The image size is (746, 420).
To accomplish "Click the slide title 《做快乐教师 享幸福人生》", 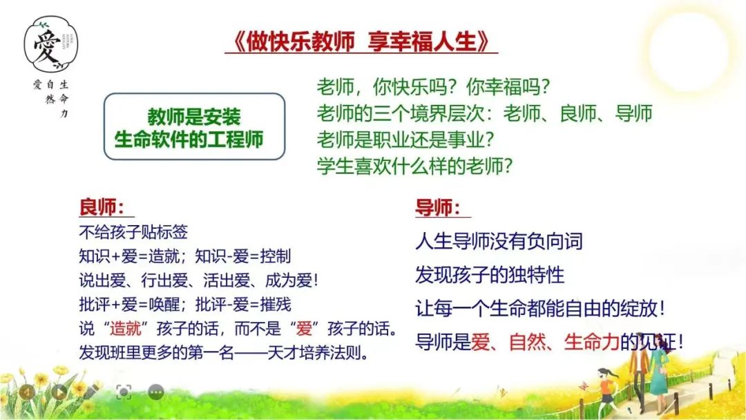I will pos(361,41).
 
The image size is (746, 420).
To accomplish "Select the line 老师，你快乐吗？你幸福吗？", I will pos(433,88).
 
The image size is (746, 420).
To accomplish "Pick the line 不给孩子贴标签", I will pos(133,232).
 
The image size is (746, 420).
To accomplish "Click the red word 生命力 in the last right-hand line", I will pos(591,341).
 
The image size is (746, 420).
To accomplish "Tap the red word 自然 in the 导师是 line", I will pos(528,341).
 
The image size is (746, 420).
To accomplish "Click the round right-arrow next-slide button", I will pos(59,392).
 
